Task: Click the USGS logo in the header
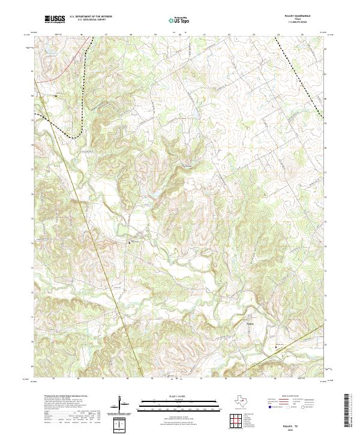tap(55, 19)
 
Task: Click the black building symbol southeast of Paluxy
tap(276, 347)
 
